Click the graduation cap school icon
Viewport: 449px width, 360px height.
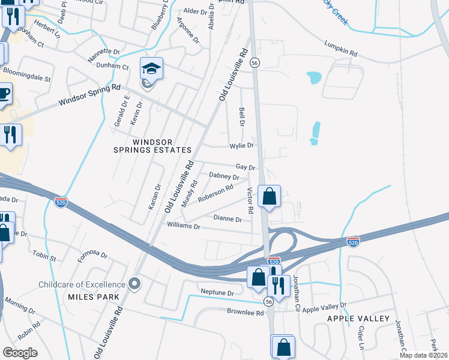pos(152,70)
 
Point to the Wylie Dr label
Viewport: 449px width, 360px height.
pos(242,145)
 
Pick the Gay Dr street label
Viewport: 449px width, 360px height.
pos(246,167)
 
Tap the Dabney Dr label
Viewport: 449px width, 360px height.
pos(223,176)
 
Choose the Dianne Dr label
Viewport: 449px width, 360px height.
pos(228,220)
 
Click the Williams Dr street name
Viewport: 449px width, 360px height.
pos(184,226)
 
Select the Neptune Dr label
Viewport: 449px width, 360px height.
pos(218,293)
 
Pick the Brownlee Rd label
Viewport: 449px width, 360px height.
pos(245,312)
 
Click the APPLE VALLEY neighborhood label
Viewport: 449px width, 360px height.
pos(358,318)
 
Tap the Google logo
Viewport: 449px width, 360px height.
pos(20,352)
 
